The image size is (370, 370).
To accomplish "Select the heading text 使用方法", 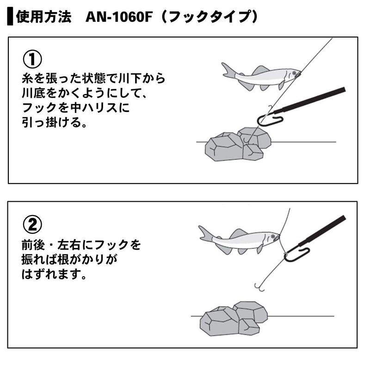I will pyautogui.click(x=44, y=18).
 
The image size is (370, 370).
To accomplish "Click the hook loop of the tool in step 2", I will pyautogui.click(x=296, y=254).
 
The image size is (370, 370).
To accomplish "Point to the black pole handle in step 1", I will pyautogui.click(x=314, y=99).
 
